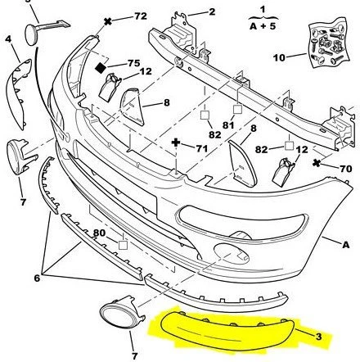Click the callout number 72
point(141,16)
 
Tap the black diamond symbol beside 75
point(101,67)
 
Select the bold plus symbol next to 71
point(176,143)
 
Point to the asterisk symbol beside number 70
point(317,163)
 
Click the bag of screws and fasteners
point(329,43)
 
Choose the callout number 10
point(280,57)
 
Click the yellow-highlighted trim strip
point(227,331)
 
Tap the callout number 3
point(318,337)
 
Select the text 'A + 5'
point(263,26)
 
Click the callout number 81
point(228,125)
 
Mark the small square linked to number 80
point(124,245)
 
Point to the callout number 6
point(37,278)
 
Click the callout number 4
point(8,39)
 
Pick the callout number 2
point(212,11)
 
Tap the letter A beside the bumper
point(345,245)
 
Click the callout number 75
point(134,63)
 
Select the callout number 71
point(202,148)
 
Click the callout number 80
point(99,233)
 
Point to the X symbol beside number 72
point(108,21)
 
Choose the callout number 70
point(346,169)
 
